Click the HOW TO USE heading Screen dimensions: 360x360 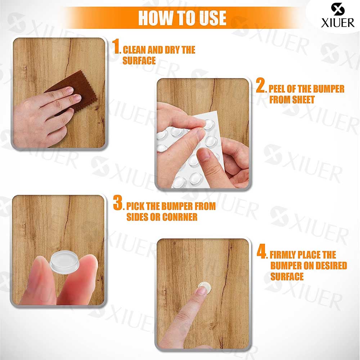(x=182, y=18)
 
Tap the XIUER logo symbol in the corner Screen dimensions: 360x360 (x=338, y=9)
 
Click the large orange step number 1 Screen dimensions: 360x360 (x=116, y=46)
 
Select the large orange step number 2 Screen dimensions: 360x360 (x=261, y=85)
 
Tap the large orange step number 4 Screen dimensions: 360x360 (x=262, y=251)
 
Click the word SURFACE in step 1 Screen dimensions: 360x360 (x=139, y=60)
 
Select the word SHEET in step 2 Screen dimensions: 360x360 (x=303, y=100)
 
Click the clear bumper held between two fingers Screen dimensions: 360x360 (x=64, y=263)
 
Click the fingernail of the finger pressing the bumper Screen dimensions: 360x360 (x=202, y=291)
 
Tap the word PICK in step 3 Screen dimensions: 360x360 (x=135, y=206)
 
